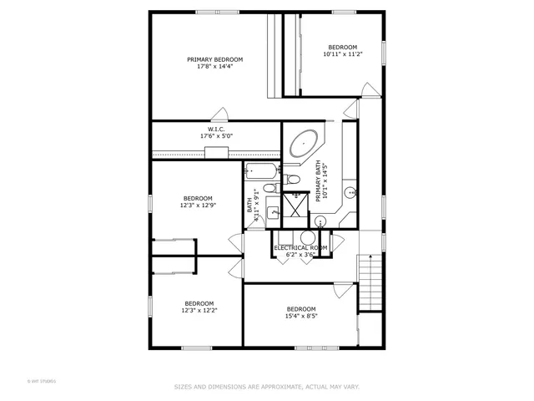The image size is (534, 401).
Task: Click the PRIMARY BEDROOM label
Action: point(214,59)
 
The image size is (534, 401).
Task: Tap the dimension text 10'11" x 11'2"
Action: point(341,53)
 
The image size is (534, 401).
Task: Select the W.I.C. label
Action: point(216,129)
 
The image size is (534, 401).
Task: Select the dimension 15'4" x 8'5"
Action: point(301,316)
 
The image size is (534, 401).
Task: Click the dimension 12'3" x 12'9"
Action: point(198,205)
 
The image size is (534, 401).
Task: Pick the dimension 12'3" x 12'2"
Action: point(199,310)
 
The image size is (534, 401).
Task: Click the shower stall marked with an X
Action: point(295,206)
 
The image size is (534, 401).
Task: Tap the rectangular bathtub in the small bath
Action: point(261,172)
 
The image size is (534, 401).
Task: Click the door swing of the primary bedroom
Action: point(221,114)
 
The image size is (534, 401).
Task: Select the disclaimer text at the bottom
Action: point(266,387)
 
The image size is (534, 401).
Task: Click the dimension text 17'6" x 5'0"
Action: point(216,136)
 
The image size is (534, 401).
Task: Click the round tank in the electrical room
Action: point(319,221)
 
